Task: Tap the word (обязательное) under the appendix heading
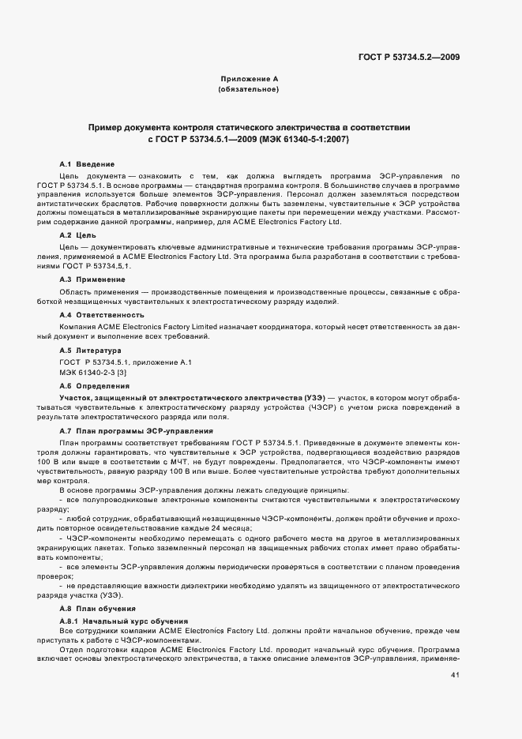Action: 249,89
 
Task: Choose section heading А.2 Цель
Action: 78,236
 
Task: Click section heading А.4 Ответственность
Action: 93,315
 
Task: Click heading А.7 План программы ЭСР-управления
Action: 136,430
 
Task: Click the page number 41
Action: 455,675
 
